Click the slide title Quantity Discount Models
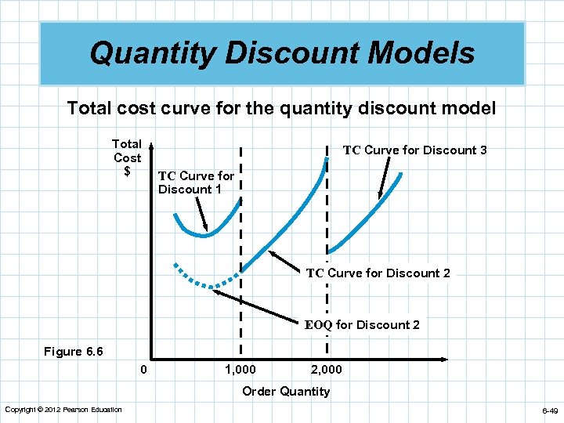(x=282, y=53)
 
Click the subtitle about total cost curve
(x=282, y=108)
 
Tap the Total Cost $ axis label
(x=127, y=157)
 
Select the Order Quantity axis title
(x=286, y=391)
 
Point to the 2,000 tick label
(x=326, y=369)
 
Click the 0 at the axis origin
(x=143, y=369)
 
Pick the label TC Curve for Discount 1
(x=196, y=183)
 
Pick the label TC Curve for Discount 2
(x=378, y=273)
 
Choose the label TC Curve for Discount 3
(x=415, y=150)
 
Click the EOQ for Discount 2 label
(x=362, y=325)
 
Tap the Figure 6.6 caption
(x=74, y=352)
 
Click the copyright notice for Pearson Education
(x=63, y=410)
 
